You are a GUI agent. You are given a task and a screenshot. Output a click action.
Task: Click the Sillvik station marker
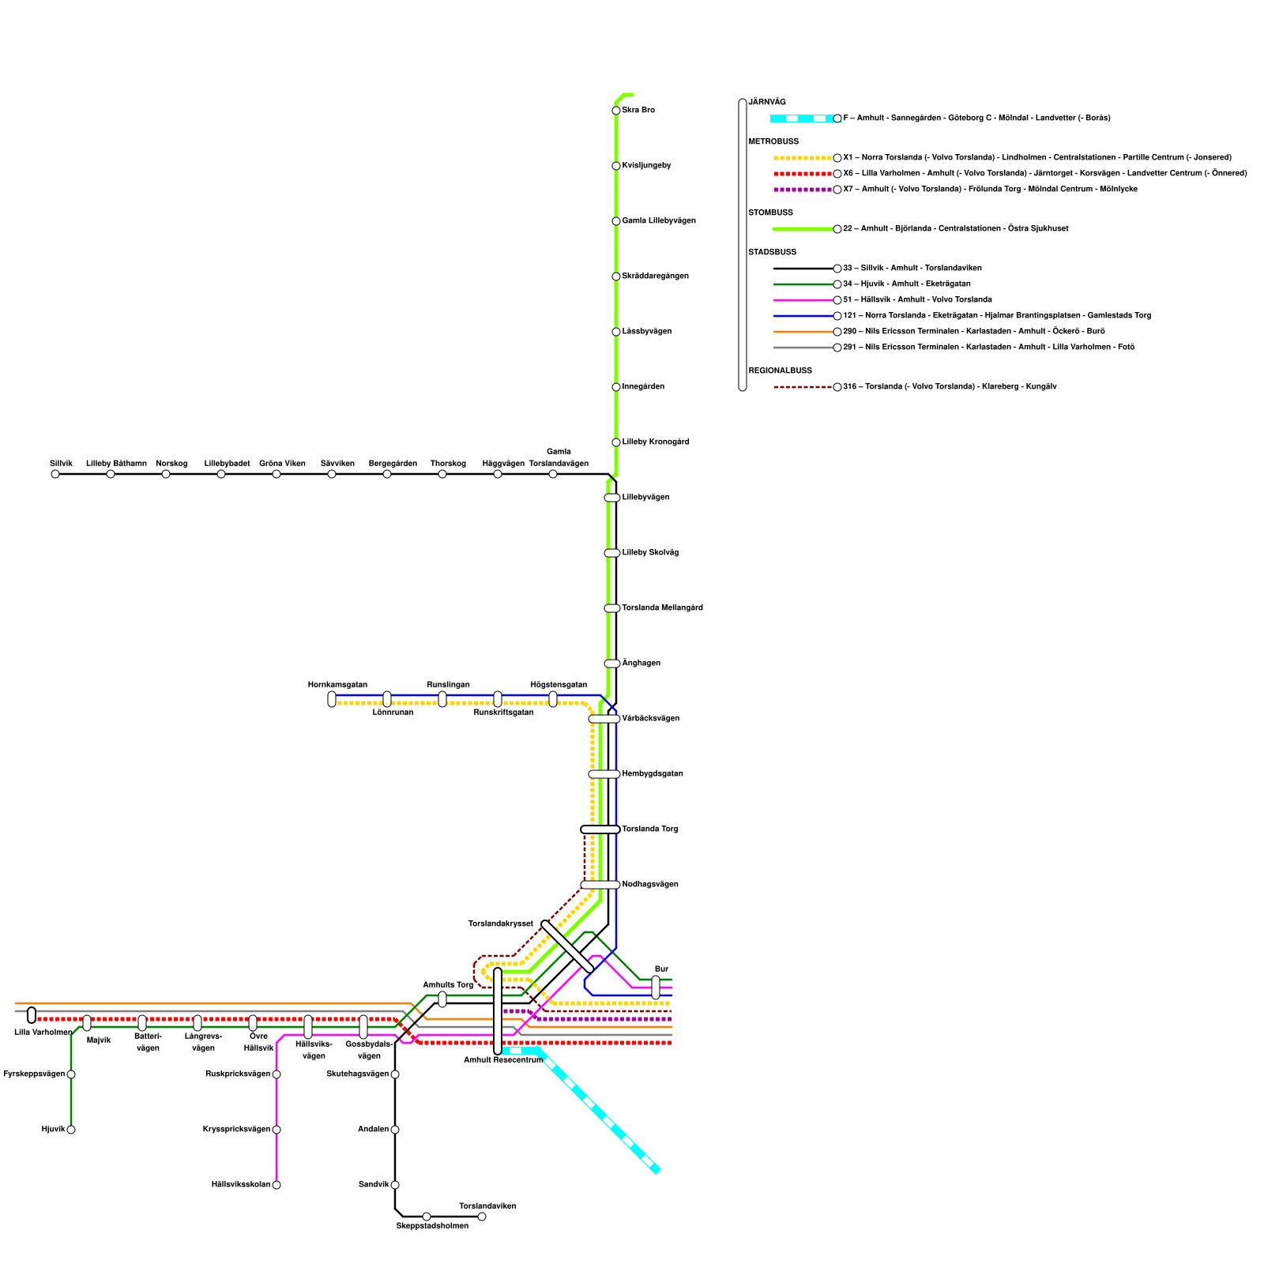tap(55, 474)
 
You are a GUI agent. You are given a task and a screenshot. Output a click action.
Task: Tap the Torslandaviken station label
tap(487, 1206)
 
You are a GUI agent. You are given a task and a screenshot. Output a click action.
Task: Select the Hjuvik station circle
tap(71, 1130)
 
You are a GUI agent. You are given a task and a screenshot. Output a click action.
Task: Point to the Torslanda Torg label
tap(649, 829)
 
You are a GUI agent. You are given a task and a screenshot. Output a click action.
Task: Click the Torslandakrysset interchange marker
tap(567, 946)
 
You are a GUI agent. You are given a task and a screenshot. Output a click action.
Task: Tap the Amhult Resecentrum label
tap(503, 1060)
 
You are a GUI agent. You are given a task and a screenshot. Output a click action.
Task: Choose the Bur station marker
tap(656, 987)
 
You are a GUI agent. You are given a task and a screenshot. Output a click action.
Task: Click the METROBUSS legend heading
tap(773, 142)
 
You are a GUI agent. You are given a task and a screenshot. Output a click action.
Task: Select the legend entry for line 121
tap(996, 316)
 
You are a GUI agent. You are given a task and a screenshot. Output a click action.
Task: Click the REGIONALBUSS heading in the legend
tap(780, 371)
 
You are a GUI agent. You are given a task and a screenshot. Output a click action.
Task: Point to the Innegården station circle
tap(616, 387)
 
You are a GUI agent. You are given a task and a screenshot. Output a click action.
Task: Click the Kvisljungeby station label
tap(646, 166)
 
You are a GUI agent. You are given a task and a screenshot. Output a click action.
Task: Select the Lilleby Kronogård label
tap(656, 442)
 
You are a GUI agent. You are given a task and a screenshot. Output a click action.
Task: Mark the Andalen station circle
tap(395, 1130)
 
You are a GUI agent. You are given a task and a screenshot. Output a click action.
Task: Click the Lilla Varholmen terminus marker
tap(32, 1015)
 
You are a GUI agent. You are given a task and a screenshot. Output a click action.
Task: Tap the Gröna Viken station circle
tap(276, 474)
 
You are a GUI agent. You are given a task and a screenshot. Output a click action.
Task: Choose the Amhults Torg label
tap(448, 985)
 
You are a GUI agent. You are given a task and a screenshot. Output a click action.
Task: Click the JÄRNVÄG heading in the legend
tap(767, 103)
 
